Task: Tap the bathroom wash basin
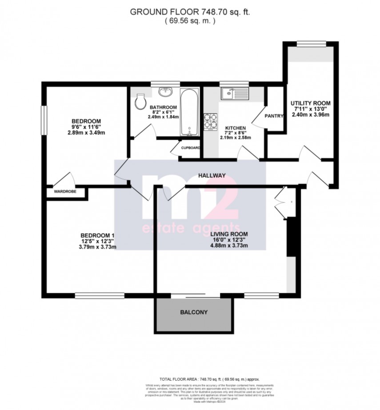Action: [x=166, y=91]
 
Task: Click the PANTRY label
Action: [x=274, y=116]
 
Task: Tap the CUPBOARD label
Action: [x=190, y=148]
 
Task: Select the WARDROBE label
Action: [x=65, y=192]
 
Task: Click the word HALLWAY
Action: [x=212, y=175]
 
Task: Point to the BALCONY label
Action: [x=193, y=312]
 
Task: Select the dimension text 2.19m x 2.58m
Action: [x=236, y=138]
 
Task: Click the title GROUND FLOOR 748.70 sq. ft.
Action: [x=190, y=12]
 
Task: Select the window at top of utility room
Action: [x=310, y=43]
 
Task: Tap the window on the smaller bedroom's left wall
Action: [x=44, y=119]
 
